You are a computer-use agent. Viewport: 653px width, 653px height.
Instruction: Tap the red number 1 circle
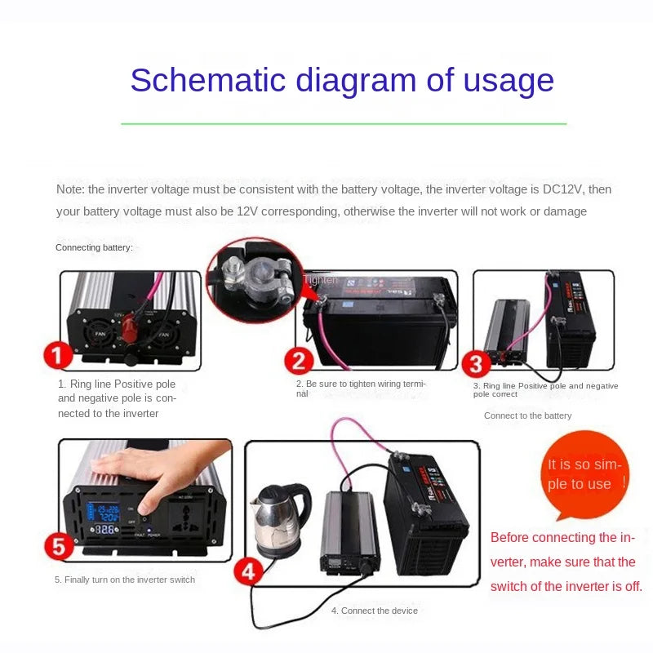click(58, 357)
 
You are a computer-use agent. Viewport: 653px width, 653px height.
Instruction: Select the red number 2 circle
click(300, 361)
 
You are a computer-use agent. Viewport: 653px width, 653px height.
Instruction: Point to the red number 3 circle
click(476, 364)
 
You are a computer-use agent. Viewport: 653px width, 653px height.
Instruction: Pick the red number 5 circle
click(58, 544)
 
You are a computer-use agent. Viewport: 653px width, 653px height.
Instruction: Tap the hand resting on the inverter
click(163, 465)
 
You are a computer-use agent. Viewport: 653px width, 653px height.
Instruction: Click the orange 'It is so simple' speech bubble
click(584, 475)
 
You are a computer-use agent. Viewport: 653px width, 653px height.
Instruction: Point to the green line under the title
click(343, 124)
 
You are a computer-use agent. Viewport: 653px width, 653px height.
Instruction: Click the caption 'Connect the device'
click(374, 611)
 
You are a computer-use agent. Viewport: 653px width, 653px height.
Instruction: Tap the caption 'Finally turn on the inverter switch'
click(125, 580)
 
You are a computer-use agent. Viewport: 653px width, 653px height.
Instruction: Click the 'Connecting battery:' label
click(94, 247)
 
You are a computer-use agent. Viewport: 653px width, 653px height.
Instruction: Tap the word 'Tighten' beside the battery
click(320, 280)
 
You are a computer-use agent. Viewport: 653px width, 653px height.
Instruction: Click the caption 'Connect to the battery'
click(527, 415)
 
